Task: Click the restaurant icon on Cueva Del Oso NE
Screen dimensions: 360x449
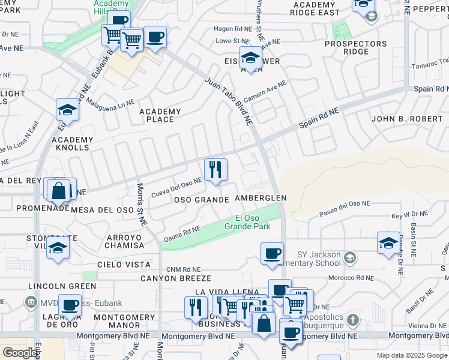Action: click(215, 170)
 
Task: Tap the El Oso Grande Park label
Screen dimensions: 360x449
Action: click(247, 222)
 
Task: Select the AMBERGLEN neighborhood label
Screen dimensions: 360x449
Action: click(261, 197)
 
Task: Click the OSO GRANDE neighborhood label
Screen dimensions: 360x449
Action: click(202, 199)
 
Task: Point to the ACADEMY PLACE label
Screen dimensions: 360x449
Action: click(160, 115)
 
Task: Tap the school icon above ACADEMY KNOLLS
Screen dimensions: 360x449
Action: click(68, 110)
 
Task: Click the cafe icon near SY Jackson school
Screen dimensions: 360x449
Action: click(273, 253)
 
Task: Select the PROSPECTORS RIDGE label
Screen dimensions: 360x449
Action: click(356, 48)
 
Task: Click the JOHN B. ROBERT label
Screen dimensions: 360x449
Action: click(407, 119)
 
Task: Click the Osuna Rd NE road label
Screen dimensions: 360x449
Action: click(182, 235)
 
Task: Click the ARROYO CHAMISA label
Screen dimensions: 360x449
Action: click(124, 242)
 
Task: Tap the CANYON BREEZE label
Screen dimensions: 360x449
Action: click(176, 278)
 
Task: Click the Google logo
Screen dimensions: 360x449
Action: click(20, 352)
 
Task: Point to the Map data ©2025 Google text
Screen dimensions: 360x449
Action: click(412, 355)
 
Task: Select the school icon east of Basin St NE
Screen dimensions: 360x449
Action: click(388, 243)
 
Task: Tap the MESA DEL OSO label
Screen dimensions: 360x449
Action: click(101, 209)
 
